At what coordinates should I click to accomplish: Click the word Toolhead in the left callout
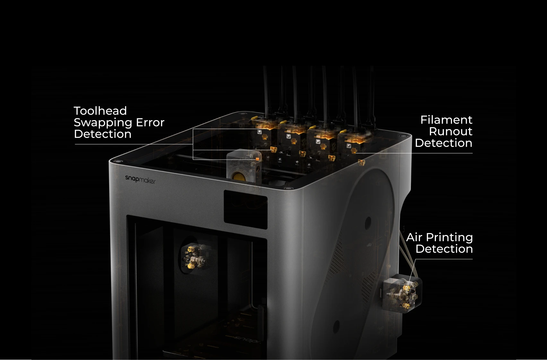tap(100, 111)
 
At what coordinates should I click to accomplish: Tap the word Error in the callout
tap(150, 122)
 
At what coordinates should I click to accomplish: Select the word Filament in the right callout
tap(446, 120)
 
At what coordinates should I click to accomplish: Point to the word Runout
tap(450, 132)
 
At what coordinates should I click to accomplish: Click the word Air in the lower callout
tap(414, 238)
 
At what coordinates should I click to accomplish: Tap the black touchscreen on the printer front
tap(245, 209)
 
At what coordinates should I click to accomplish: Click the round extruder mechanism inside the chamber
tap(195, 257)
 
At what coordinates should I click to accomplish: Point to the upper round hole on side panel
tap(368, 221)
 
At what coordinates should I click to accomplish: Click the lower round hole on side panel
tap(336, 327)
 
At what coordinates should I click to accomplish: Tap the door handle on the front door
tap(262, 318)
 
